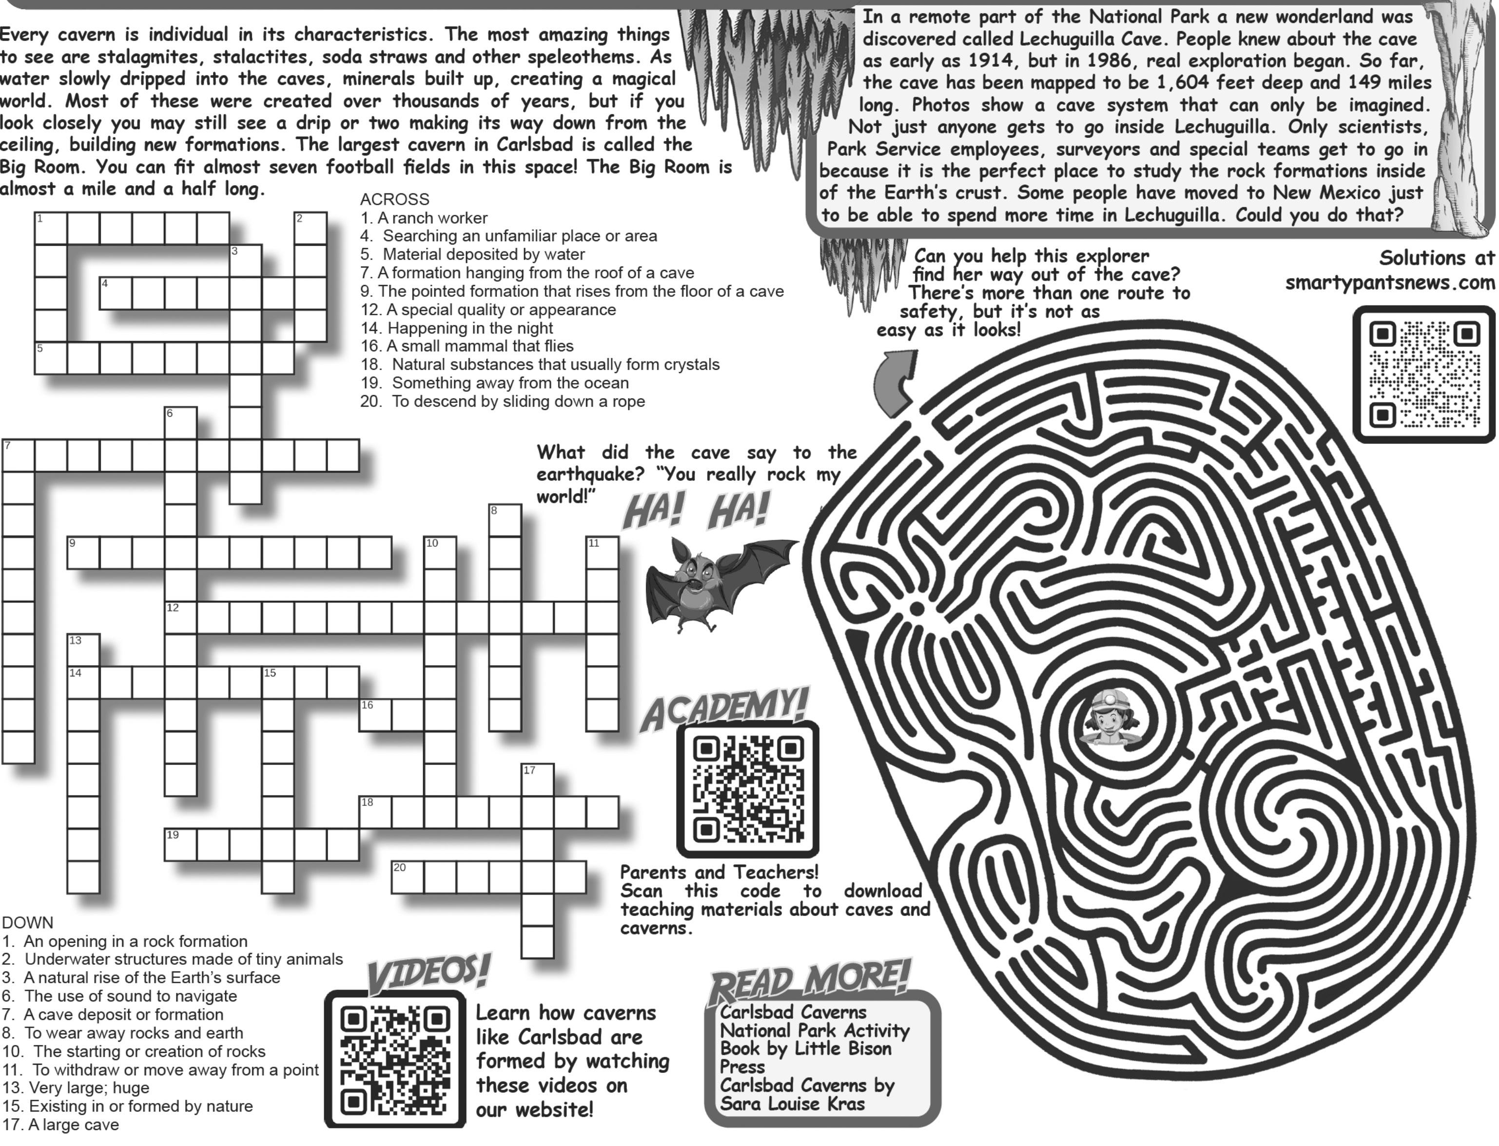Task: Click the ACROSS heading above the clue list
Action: click(394, 199)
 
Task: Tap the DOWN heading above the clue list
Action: click(27, 923)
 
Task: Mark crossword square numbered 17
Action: click(538, 780)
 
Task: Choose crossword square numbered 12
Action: click(181, 617)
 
